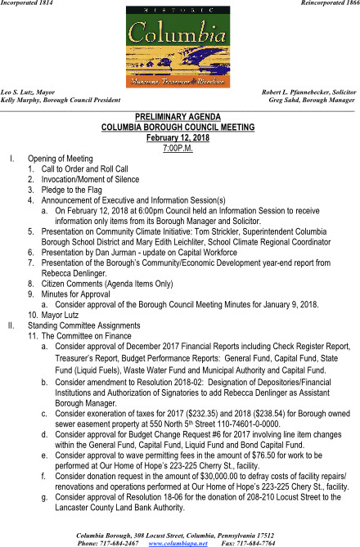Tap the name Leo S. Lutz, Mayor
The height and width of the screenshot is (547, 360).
[29, 92]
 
